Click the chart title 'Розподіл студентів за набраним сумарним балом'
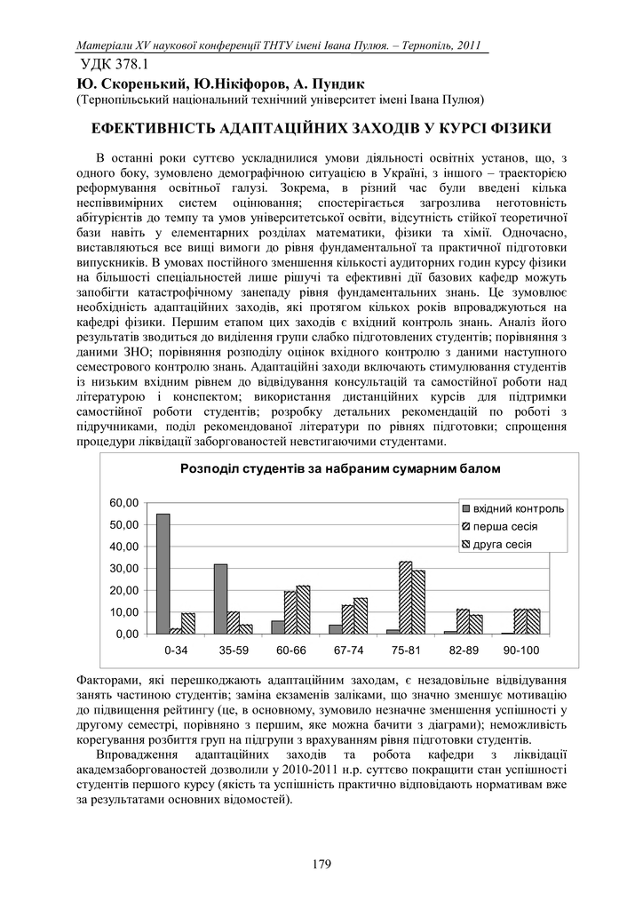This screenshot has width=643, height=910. coord(340,468)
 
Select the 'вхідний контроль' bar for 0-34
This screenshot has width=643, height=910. coord(163,573)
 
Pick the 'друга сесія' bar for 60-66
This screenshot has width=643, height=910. coord(303,610)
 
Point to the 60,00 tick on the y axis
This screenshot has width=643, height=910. coord(123,503)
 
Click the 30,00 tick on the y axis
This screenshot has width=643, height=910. coord(123,569)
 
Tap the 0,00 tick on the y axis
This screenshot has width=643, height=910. coord(127,635)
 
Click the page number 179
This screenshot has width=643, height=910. coord(321,861)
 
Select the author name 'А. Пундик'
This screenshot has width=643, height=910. coord(304,84)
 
